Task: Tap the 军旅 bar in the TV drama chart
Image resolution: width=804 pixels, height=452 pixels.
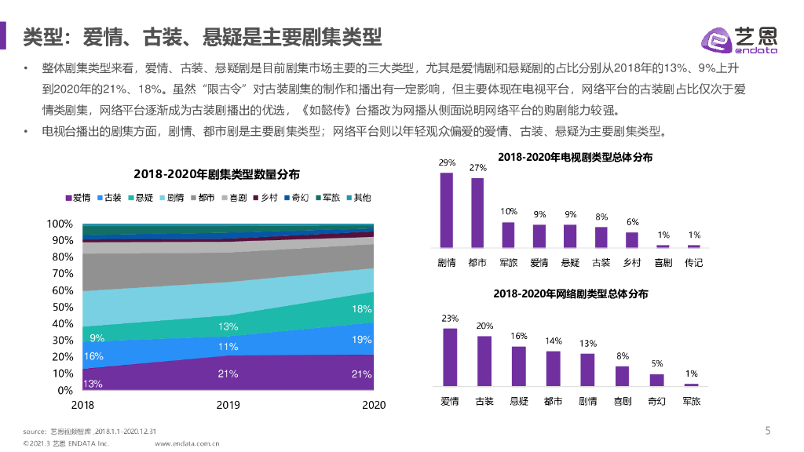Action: click(508, 235)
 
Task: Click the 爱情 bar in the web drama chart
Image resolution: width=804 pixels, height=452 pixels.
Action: click(450, 357)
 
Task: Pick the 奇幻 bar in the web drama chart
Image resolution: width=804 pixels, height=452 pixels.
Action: click(656, 380)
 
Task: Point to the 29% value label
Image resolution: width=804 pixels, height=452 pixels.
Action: click(447, 163)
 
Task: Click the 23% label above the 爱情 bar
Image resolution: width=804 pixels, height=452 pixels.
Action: click(450, 319)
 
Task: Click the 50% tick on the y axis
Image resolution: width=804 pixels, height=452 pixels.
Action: click(63, 307)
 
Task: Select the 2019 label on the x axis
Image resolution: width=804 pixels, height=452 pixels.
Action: click(228, 405)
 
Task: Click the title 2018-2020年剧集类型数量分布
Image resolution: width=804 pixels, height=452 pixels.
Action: click(217, 173)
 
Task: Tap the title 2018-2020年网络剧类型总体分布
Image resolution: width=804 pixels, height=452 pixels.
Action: click(571, 294)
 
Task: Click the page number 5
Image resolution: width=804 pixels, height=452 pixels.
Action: click(768, 430)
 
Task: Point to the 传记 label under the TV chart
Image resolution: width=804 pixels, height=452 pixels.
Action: click(693, 263)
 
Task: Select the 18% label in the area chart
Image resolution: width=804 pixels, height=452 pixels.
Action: click(361, 308)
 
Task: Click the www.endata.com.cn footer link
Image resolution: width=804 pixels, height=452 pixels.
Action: click(187, 443)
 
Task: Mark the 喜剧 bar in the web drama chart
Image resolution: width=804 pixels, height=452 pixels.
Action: click(622, 376)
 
